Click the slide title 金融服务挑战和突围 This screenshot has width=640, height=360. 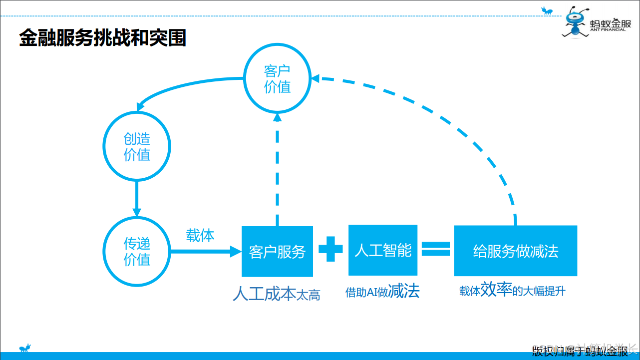pyautogui.click(x=102, y=38)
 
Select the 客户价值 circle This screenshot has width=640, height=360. pyautogui.click(x=277, y=78)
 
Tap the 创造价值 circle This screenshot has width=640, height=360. pyautogui.click(x=137, y=146)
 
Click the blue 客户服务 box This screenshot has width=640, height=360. pyautogui.click(x=277, y=252)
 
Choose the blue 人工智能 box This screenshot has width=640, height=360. pyautogui.click(x=383, y=250)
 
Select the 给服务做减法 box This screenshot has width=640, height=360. pyautogui.click(x=515, y=251)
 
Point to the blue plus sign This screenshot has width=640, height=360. pyautogui.click(x=330, y=249)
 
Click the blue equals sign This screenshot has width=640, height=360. pyautogui.click(x=436, y=249)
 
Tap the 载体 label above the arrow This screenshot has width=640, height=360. pyautogui.click(x=200, y=235)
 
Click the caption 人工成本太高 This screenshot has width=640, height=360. pyautogui.click(x=276, y=294)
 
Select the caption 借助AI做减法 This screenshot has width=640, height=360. pyautogui.click(x=382, y=291)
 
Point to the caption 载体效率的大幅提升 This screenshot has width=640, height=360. pyautogui.click(x=512, y=291)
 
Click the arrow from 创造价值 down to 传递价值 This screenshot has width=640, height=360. pyautogui.click(x=137, y=198)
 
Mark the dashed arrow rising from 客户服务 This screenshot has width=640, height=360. pyautogui.click(x=278, y=170)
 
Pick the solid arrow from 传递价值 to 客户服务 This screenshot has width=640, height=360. pyautogui.click(x=205, y=252)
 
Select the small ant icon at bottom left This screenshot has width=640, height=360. pyautogui.click(x=25, y=348)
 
